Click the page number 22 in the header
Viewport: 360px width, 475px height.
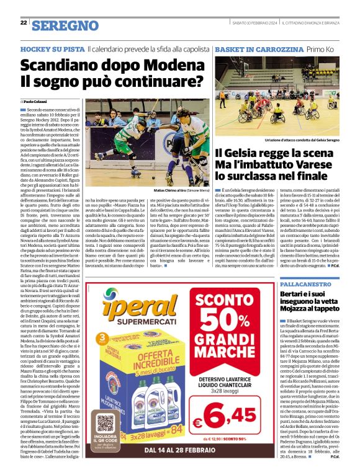coord(23,23)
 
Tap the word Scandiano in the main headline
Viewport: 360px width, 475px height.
coord(60,65)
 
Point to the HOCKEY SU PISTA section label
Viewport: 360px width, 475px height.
coord(52,48)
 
